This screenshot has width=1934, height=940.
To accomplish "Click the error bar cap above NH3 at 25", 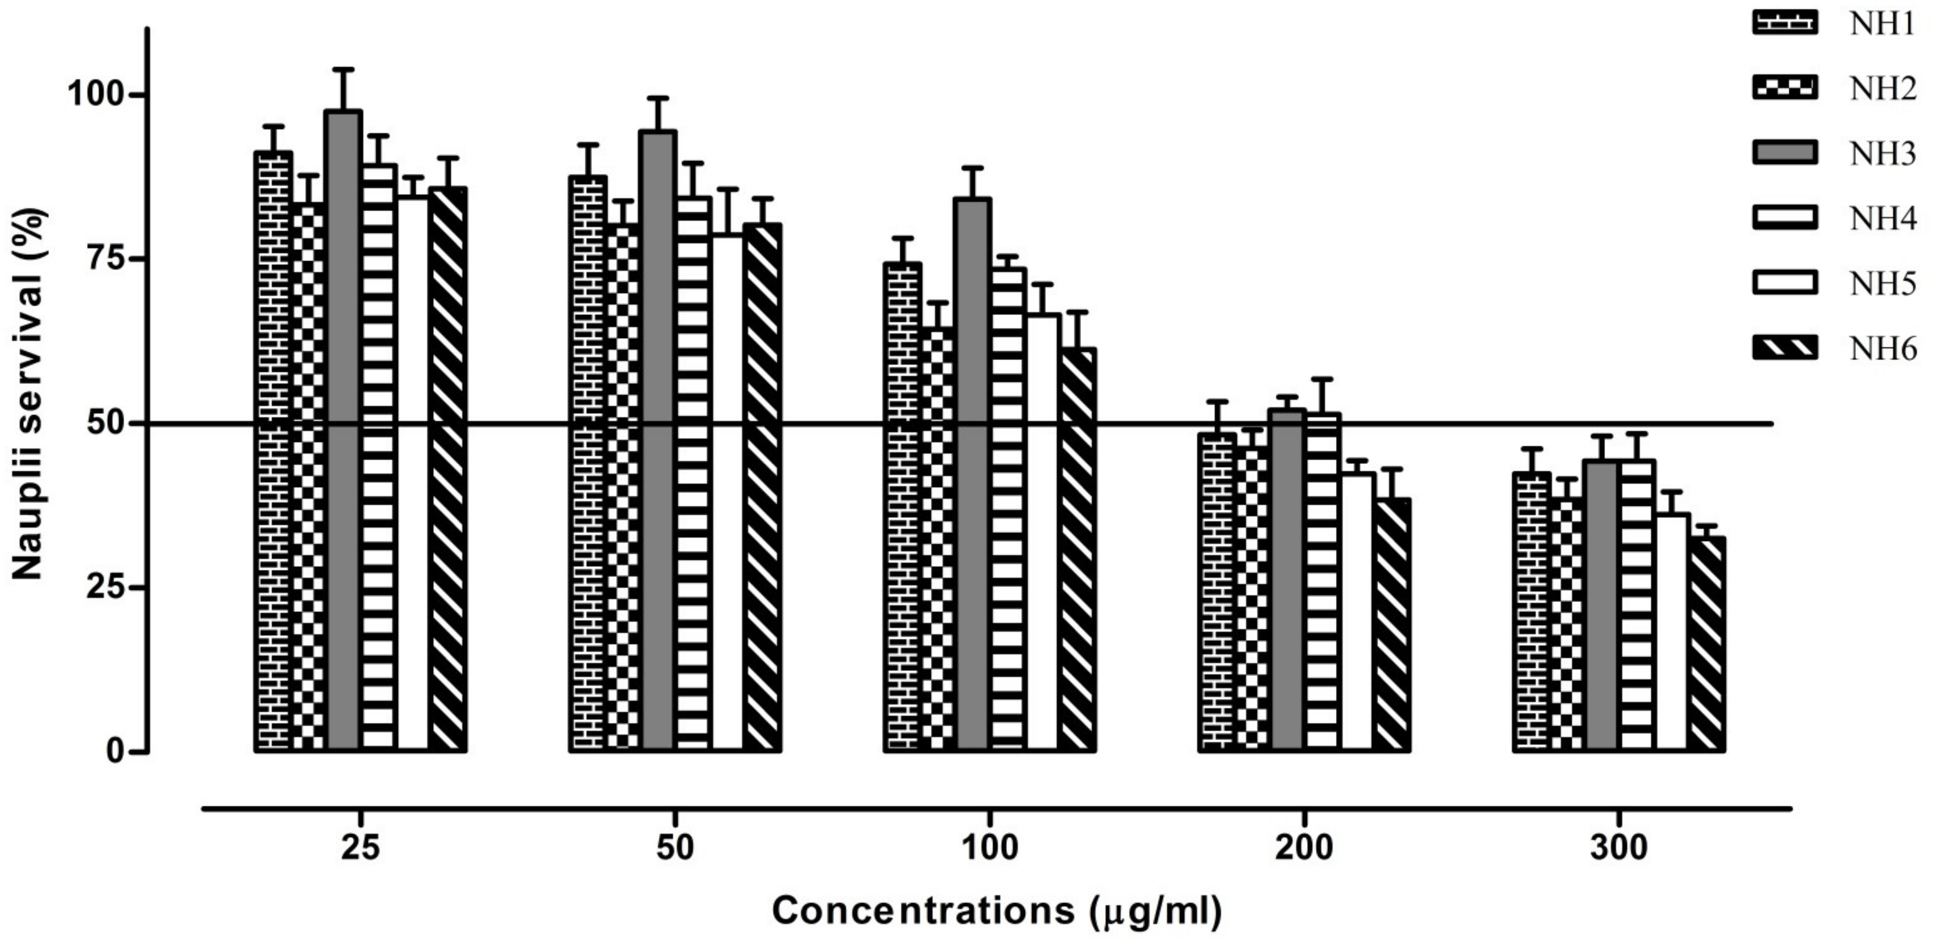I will tap(344, 70).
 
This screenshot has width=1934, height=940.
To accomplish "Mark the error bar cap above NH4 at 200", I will tap(1323, 379).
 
